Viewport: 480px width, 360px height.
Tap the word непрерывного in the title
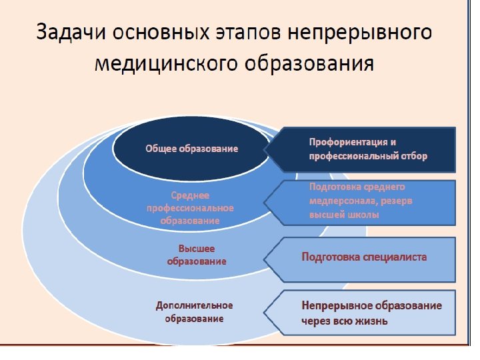pos(363,33)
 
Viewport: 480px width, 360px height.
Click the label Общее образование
pos(191,148)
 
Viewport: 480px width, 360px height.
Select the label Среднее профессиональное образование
pos(190,207)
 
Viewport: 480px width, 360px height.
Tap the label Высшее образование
pos(196,255)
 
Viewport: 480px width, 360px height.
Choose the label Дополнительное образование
pos(194,311)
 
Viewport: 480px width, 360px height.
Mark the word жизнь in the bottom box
pos(374,320)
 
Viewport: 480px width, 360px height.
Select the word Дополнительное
pos(194,305)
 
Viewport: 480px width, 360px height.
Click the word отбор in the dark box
pos(413,156)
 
